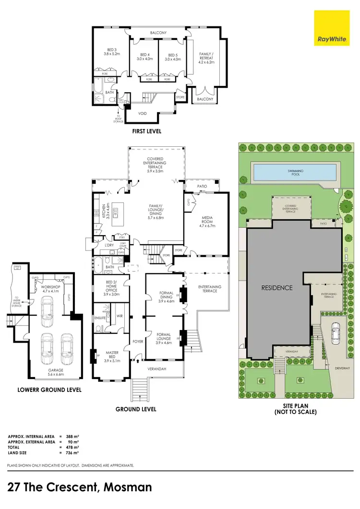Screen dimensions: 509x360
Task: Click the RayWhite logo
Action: pyautogui.click(x=330, y=28)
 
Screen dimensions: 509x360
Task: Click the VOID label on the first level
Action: pyautogui.click(x=142, y=114)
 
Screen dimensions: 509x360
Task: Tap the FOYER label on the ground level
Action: pyautogui.click(x=139, y=343)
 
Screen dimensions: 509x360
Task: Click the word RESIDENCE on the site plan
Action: pyautogui.click(x=276, y=288)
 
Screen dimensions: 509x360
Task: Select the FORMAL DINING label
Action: pyautogui.click(x=165, y=298)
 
